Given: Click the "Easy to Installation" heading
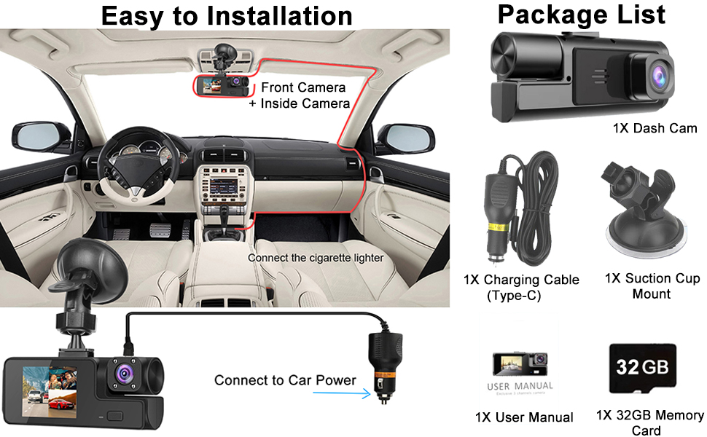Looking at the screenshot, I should [226, 15].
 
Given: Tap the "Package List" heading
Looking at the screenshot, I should [581, 14].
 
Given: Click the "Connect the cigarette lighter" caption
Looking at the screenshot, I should [315, 258].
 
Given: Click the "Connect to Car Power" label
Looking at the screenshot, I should [285, 380].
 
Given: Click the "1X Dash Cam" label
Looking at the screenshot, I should [655, 129].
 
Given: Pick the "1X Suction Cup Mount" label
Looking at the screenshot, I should [652, 286].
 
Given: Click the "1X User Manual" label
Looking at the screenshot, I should [523, 417].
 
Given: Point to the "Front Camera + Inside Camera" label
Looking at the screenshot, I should [305, 95].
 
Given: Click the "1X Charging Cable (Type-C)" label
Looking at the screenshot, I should [521, 287].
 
